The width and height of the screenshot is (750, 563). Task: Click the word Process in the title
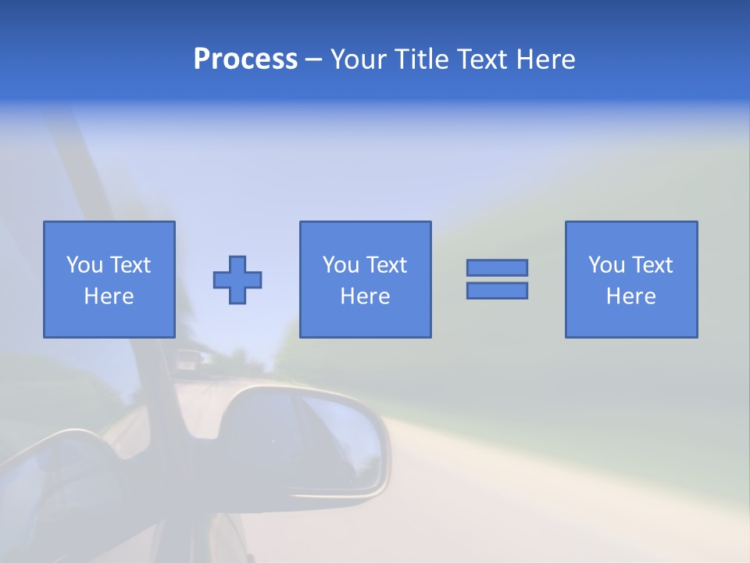245,59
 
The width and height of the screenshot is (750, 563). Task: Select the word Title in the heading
422,59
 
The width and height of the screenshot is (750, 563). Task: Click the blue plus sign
237,280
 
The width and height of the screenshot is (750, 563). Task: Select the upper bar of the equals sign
497,267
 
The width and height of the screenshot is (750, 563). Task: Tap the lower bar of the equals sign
497,291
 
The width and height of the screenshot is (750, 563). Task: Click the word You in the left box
84,265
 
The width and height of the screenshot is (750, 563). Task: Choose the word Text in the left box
129,265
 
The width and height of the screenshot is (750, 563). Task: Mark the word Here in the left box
109,296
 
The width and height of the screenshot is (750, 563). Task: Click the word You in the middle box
341,265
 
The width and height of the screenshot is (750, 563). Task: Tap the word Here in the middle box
365,296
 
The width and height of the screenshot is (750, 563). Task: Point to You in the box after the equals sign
606,265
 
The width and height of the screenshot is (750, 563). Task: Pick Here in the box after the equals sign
630,296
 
